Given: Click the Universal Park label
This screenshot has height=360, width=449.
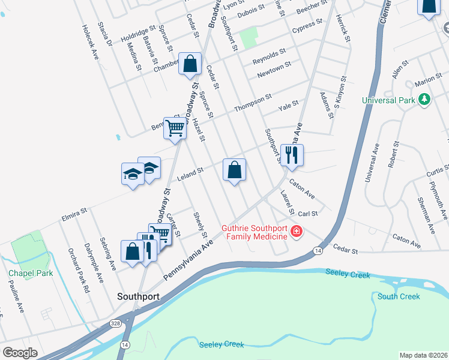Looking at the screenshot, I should (x=388, y=100).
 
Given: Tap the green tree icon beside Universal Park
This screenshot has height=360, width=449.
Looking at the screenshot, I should (x=424, y=99).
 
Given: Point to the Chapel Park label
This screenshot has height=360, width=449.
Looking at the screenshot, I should (x=31, y=273).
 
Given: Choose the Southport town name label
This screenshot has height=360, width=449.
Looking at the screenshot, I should (x=138, y=296).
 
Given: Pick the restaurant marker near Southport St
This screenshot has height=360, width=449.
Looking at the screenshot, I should (x=292, y=155).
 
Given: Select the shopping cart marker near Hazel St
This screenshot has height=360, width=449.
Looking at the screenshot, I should (x=175, y=128).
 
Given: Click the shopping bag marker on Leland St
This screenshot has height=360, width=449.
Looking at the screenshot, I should (x=234, y=170).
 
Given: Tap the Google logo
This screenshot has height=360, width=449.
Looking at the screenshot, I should (x=20, y=353).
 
